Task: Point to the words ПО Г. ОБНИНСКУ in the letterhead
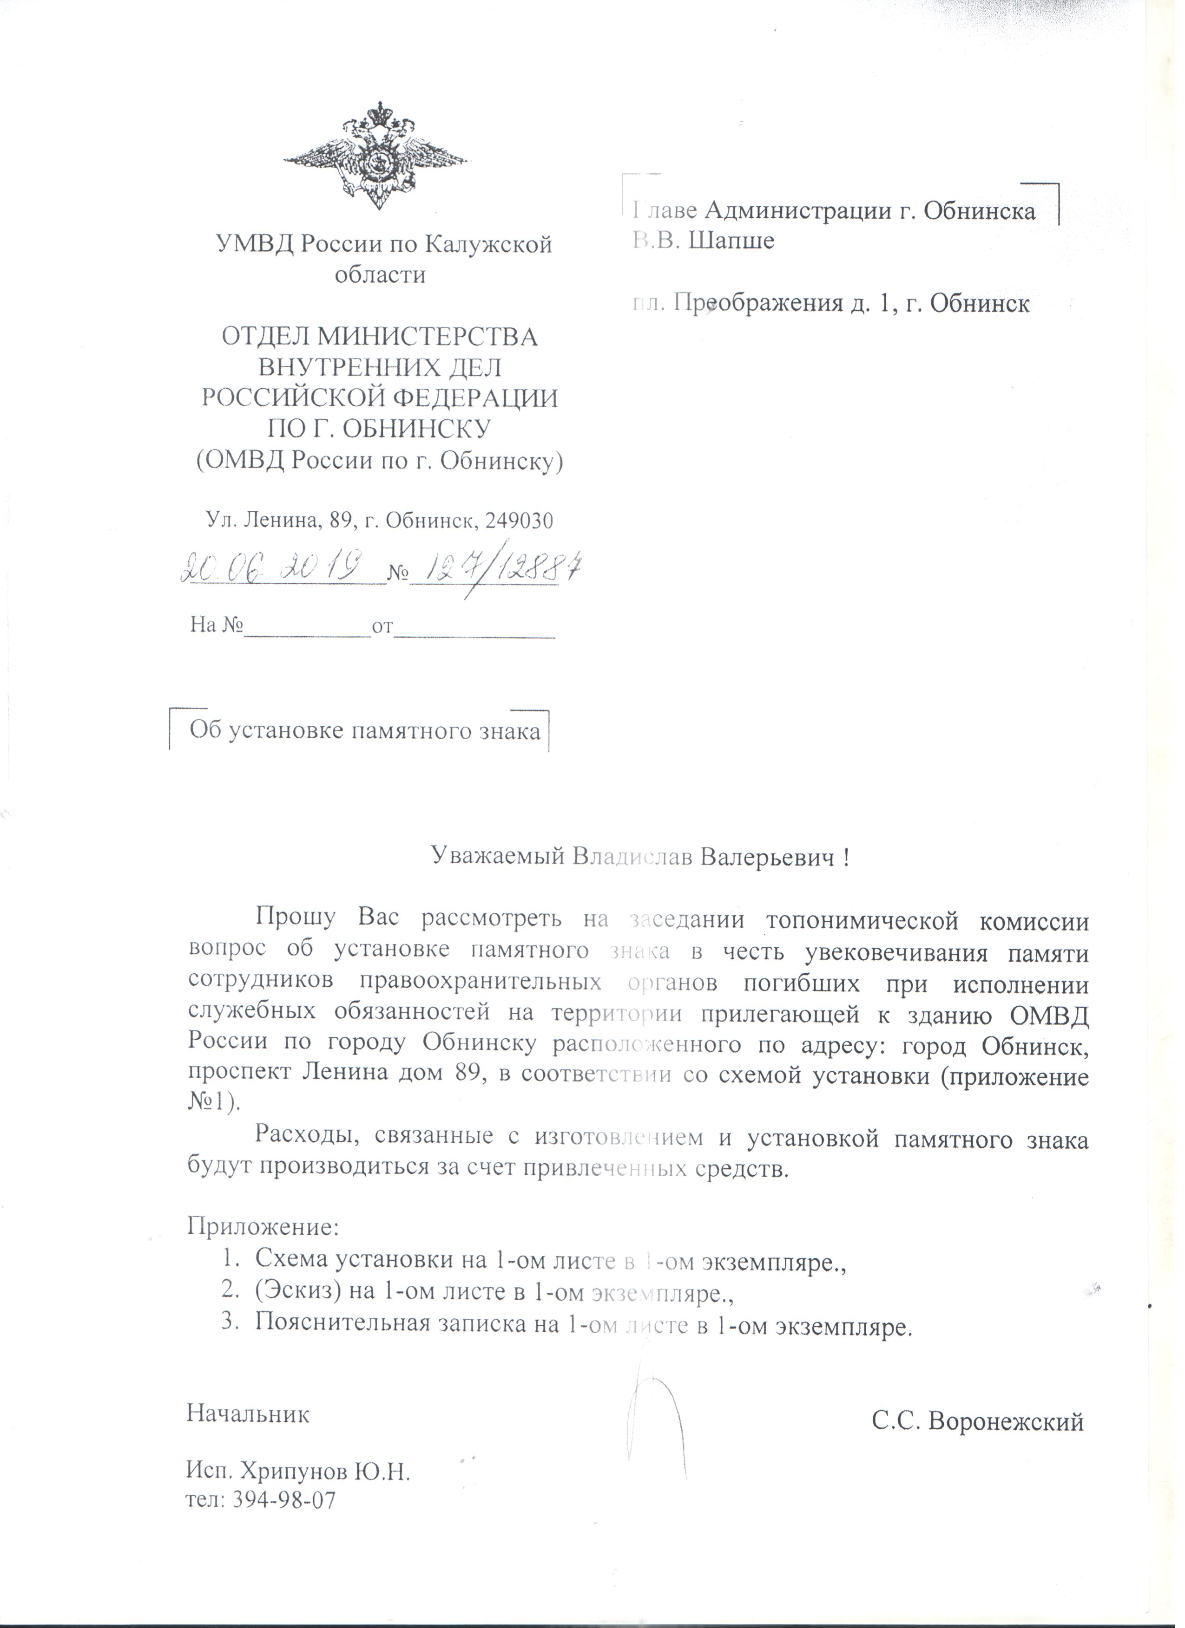click(379, 429)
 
